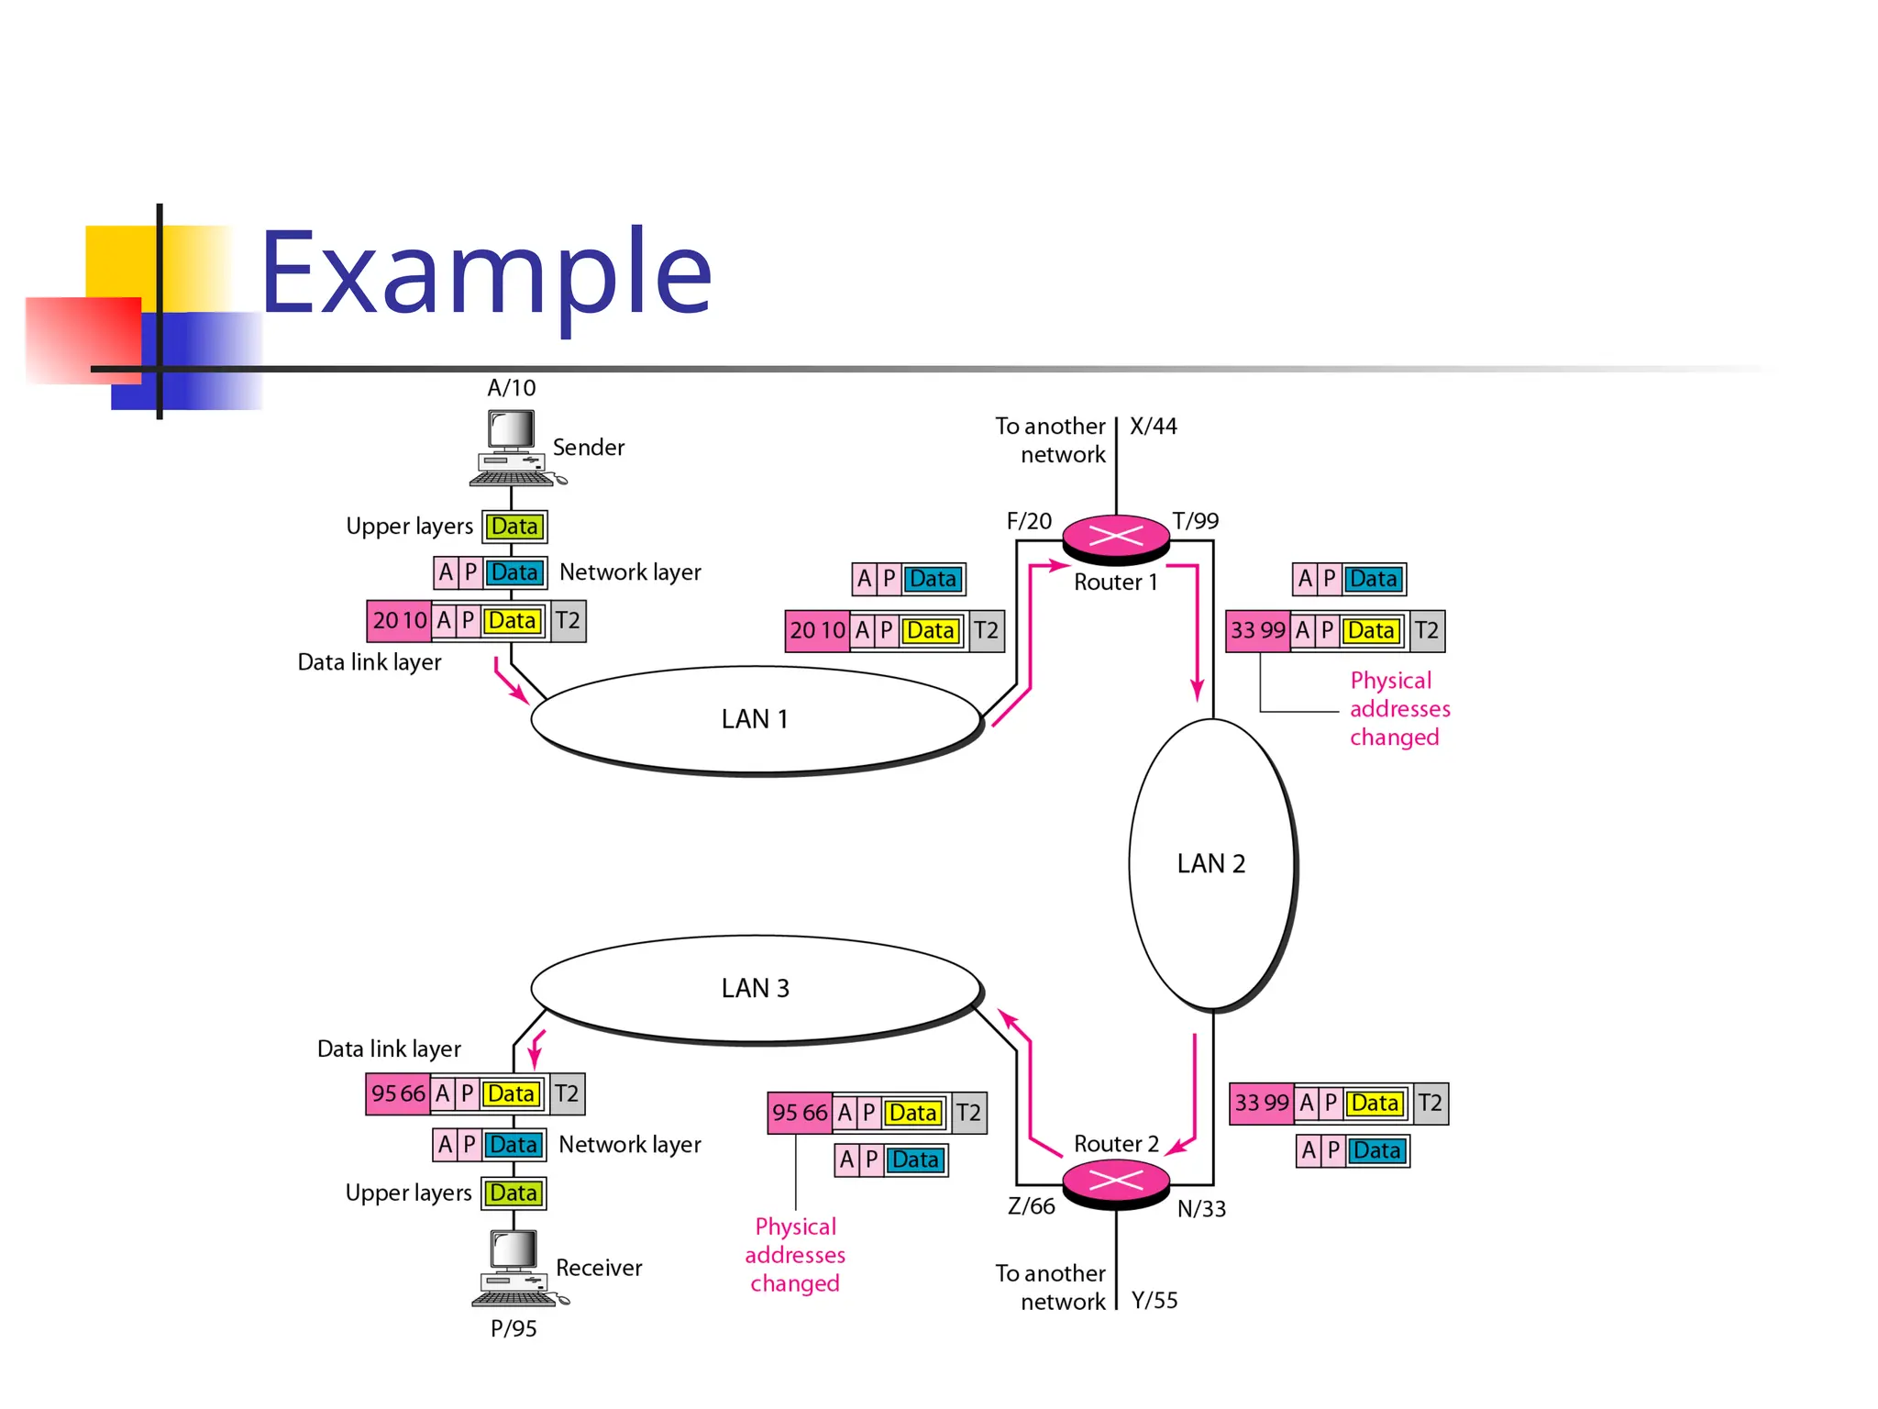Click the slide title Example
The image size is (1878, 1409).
tap(486, 272)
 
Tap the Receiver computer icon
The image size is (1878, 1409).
tap(516, 1268)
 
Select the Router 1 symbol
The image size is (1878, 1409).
tap(1116, 538)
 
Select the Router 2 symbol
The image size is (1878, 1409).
tap(1116, 1182)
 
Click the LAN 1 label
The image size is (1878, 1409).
tap(754, 719)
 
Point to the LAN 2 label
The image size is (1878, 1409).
tap(1210, 864)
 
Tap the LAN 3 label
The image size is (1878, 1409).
tap(754, 989)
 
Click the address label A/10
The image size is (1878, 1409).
tap(511, 388)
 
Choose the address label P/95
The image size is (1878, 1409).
tap(514, 1328)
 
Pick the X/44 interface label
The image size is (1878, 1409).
tap(1154, 427)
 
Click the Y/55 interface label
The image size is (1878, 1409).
tap(1154, 1301)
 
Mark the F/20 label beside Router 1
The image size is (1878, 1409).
tap(1029, 522)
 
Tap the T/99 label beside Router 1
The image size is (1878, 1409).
tap(1196, 522)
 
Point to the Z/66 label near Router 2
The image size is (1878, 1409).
tap(1031, 1207)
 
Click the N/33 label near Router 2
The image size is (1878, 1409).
tap(1201, 1209)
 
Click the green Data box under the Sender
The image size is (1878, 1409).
tap(514, 527)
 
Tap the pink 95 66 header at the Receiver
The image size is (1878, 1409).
tap(398, 1094)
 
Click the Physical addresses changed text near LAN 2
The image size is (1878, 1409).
tap(1398, 709)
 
